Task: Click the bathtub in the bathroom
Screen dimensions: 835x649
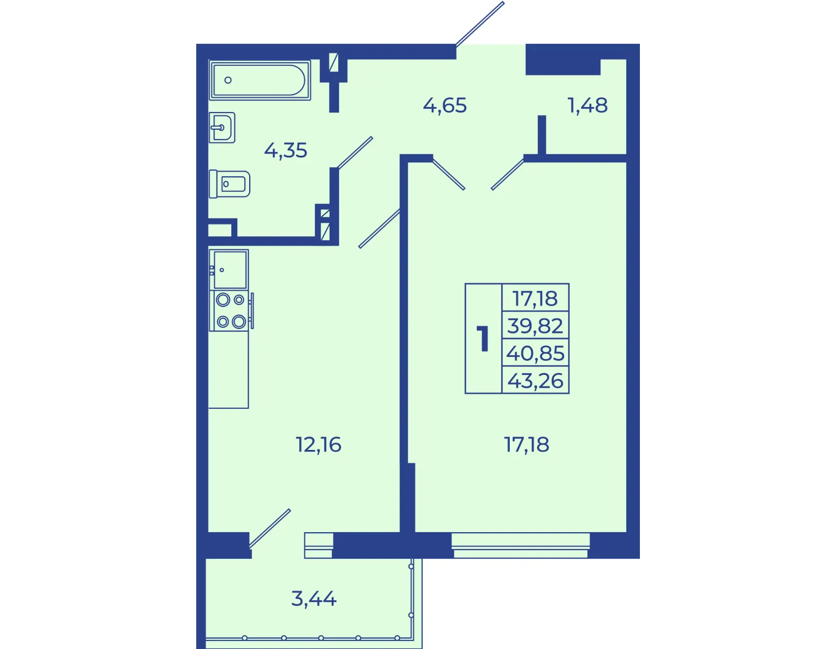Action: [x=260, y=80]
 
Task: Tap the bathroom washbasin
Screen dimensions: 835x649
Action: [x=222, y=128]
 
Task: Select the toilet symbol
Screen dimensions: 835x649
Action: [x=229, y=184]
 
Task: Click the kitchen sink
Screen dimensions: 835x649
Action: [x=229, y=269]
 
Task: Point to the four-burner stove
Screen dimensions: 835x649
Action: [x=231, y=310]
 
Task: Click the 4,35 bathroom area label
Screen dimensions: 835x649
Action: [x=285, y=151]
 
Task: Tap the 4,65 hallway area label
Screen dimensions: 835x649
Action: [x=445, y=105]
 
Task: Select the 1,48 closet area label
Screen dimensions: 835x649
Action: [x=587, y=105]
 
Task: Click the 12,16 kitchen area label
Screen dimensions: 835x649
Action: [x=318, y=445]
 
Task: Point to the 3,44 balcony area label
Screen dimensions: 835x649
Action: [x=314, y=599]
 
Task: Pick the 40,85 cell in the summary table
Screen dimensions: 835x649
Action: [x=535, y=353]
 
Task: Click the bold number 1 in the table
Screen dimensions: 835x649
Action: [x=483, y=339]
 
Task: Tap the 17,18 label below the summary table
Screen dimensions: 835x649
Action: [x=526, y=445]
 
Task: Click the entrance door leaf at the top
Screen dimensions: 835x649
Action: [x=480, y=24]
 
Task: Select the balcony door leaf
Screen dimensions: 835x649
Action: [x=270, y=528]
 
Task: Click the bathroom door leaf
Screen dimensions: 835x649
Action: [x=355, y=153]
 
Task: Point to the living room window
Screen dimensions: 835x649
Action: [x=520, y=545]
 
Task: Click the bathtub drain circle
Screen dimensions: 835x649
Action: [x=228, y=81]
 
